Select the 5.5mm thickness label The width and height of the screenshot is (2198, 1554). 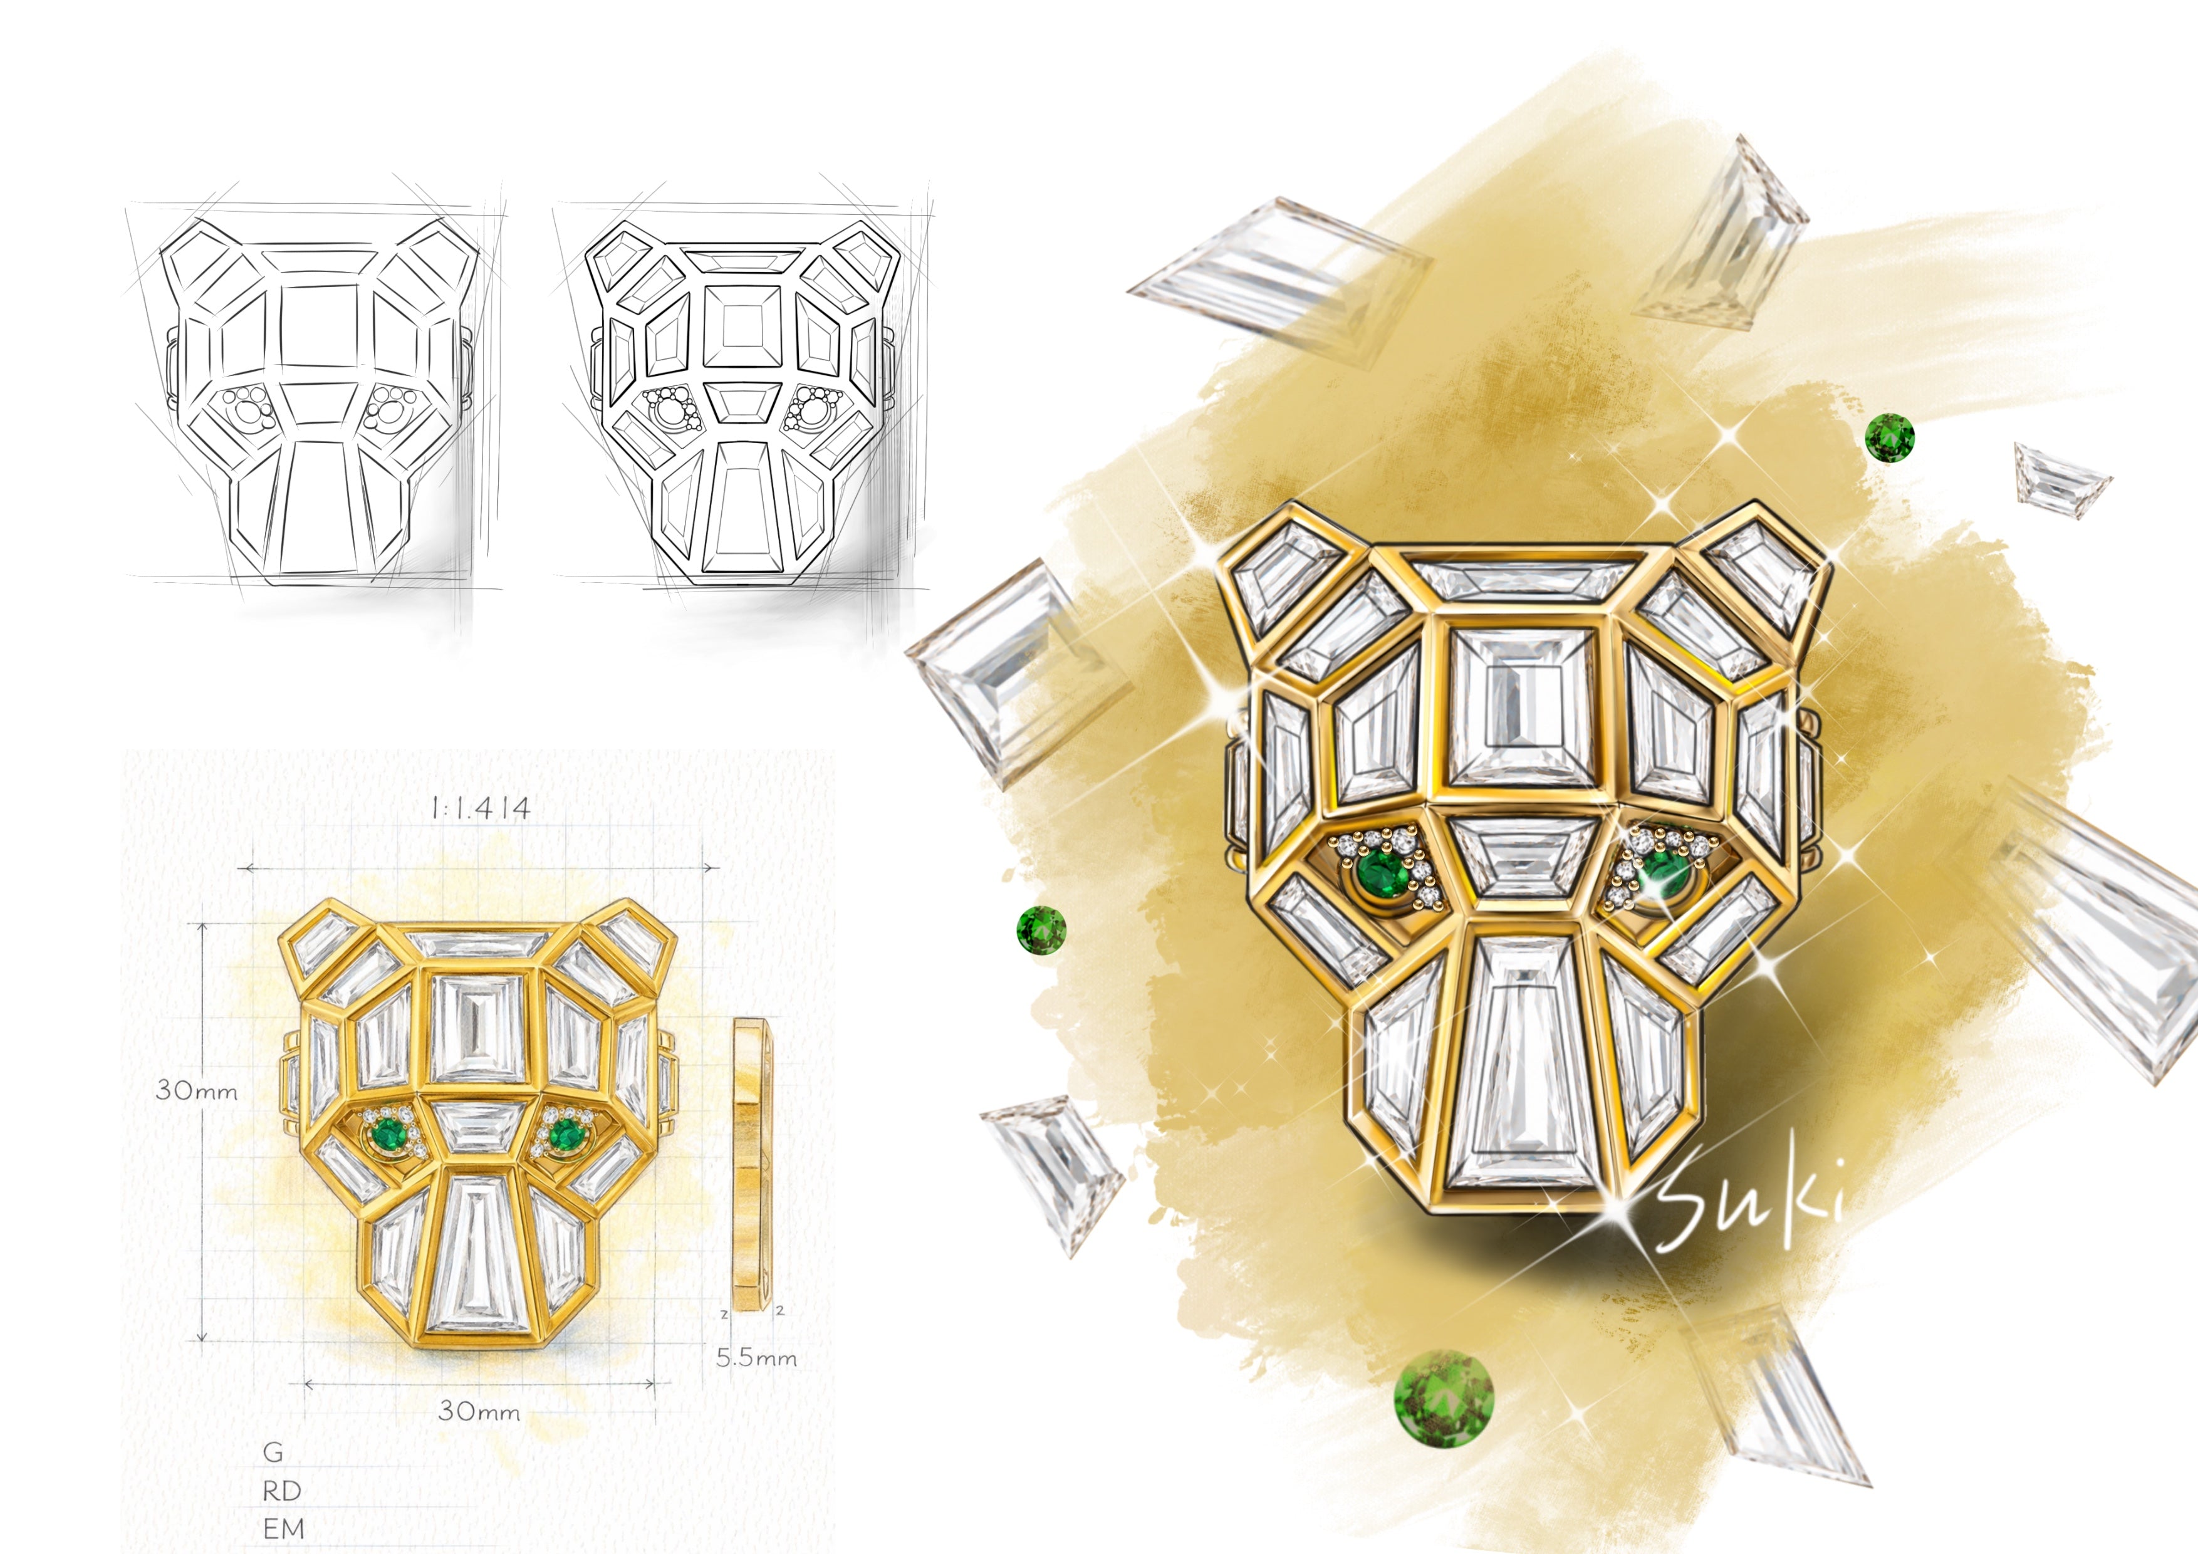click(756, 1358)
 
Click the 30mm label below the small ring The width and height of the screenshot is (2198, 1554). click(479, 1411)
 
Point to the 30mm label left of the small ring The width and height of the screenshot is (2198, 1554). click(196, 1090)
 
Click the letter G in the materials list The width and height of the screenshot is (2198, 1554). click(274, 1452)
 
